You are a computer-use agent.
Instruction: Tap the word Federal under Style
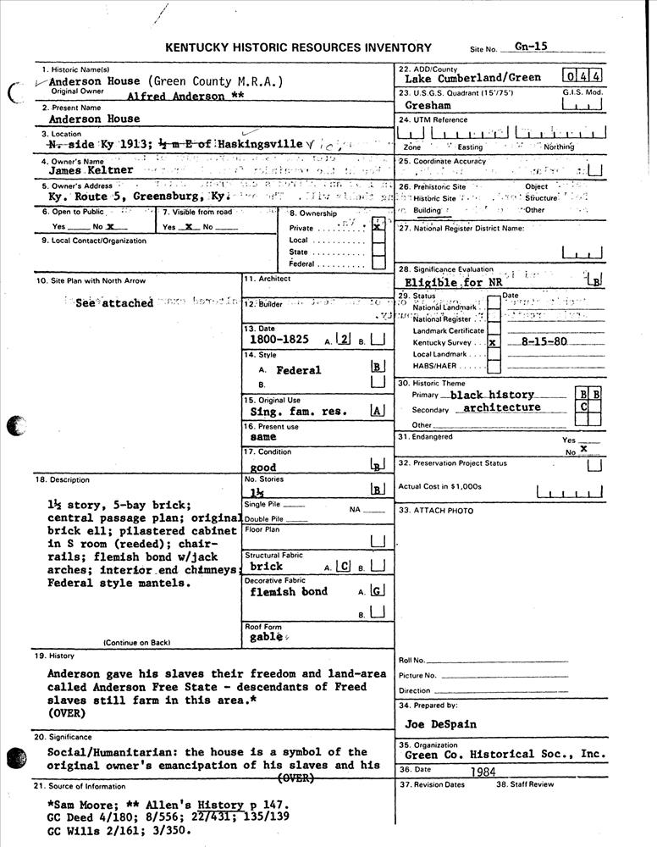coord(299,370)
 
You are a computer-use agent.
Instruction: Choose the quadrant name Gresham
coord(428,106)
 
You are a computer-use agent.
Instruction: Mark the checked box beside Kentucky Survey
coord(493,343)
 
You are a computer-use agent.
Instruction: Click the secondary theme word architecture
coord(502,407)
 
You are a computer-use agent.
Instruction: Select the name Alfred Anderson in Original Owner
coord(176,97)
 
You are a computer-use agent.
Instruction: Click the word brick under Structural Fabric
coord(267,566)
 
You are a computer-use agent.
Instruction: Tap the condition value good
coord(264,467)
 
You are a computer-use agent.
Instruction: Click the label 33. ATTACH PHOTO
coord(435,510)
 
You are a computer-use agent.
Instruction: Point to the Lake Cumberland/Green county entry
coord(472,78)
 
